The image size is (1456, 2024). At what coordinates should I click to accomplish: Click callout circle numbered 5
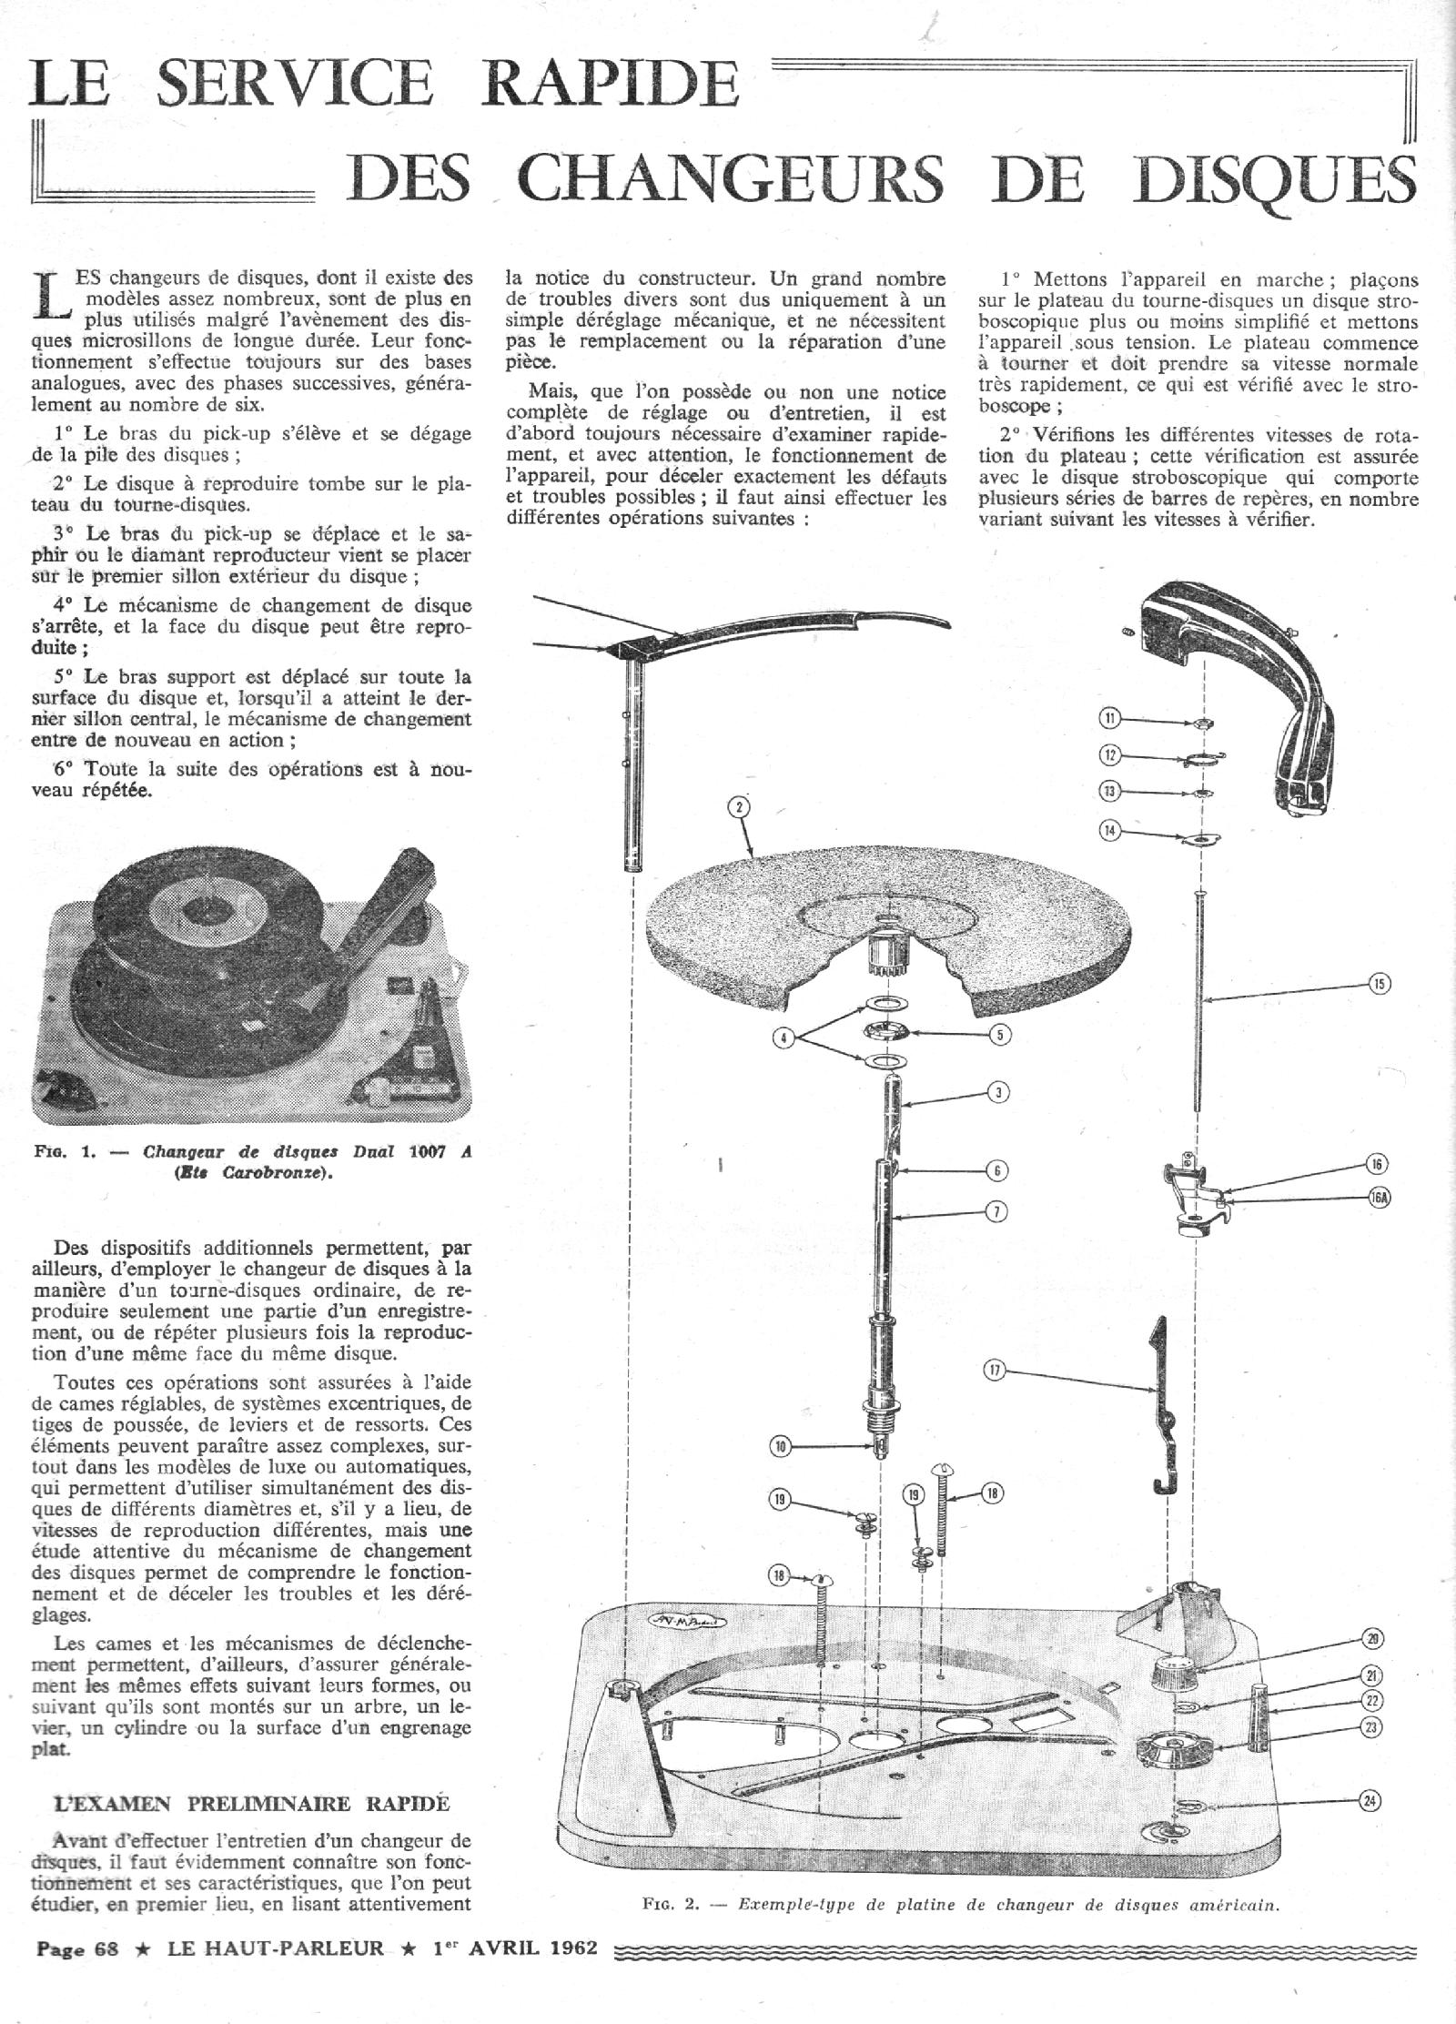pyautogui.click(x=1000, y=1035)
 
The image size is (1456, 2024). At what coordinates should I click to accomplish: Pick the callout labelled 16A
pyautogui.click(x=1380, y=1199)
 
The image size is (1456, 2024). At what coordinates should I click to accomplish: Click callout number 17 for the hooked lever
pyautogui.click(x=997, y=1367)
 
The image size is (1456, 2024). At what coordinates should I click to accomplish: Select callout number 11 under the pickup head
pyautogui.click(x=1110, y=718)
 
